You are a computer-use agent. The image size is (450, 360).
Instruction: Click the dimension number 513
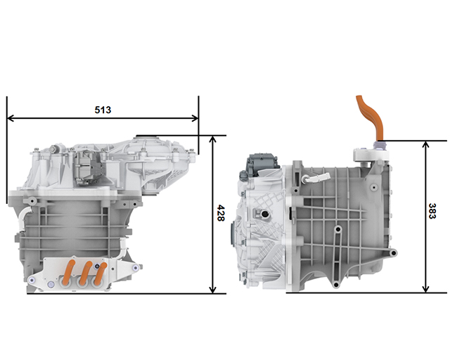point(103,110)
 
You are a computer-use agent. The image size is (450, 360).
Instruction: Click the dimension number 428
point(220,213)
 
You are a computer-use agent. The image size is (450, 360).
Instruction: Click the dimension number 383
point(432,212)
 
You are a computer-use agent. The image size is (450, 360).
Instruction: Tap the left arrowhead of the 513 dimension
point(11,118)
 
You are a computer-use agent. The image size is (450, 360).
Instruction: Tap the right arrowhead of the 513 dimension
point(195,118)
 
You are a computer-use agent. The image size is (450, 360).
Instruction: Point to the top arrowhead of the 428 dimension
point(212,139)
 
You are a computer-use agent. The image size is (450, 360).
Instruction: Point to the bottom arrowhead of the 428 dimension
point(212,290)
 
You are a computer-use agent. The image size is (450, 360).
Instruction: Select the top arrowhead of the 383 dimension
point(426,144)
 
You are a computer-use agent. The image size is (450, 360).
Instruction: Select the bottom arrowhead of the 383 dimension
point(426,289)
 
